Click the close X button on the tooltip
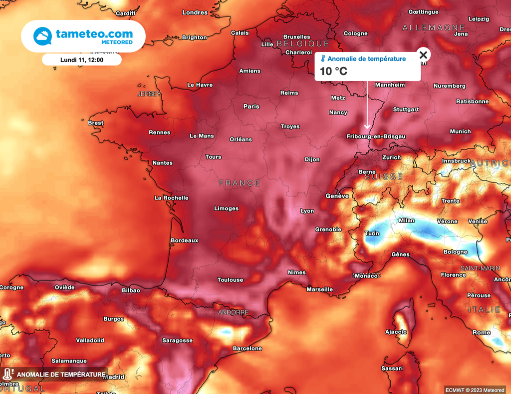[x=423, y=55]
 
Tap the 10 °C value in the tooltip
[x=333, y=71]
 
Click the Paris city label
[x=252, y=106]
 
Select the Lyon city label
[x=307, y=211]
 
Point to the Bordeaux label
[x=185, y=240]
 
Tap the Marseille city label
[x=319, y=289]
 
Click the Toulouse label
[x=231, y=280]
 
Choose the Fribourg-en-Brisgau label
[x=376, y=136]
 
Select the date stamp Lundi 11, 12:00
[x=81, y=60]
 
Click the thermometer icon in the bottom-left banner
[x=7, y=374]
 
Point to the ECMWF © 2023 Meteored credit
[x=475, y=389]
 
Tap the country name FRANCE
[x=240, y=183]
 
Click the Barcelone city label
[x=248, y=348]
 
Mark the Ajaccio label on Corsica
[x=396, y=332]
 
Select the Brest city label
[x=96, y=123]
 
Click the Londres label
[x=195, y=12]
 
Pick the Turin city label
[x=372, y=233]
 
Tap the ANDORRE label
[x=233, y=312]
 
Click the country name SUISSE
[x=384, y=177]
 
